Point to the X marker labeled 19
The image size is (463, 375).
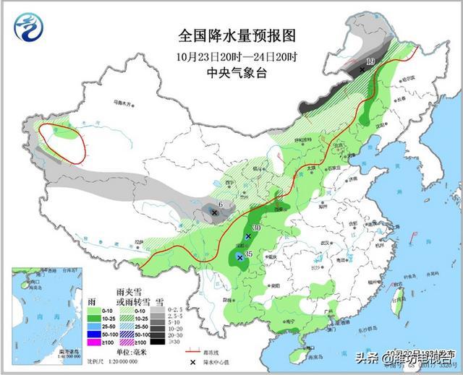point(362,69)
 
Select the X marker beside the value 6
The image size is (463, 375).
point(214,212)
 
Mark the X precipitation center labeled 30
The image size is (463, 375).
point(248,236)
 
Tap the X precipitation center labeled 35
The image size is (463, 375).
point(240,257)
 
